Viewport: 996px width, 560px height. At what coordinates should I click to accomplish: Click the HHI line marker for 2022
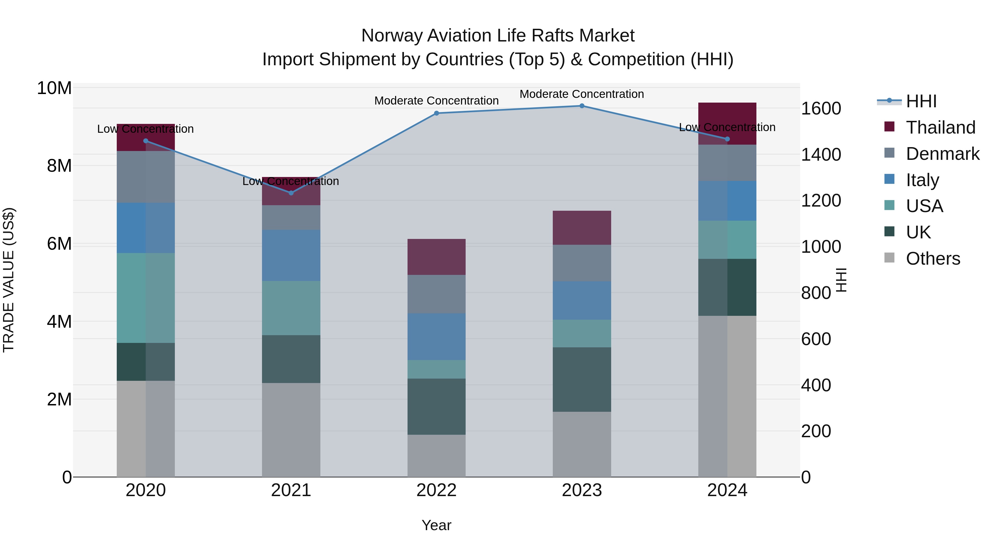click(x=437, y=113)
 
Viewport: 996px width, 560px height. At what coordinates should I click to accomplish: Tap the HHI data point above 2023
click(x=582, y=106)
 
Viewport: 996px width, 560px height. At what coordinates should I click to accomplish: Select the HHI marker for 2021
click(x=291, y=193)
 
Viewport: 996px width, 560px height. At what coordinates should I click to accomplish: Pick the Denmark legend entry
click(x=942, y=154)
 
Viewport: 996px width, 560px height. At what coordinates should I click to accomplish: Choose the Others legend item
click(x=933, y=259)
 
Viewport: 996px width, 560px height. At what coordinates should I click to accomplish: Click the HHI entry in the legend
click(x=921, y=101)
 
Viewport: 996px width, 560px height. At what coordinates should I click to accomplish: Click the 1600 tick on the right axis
click(x=821, y=109)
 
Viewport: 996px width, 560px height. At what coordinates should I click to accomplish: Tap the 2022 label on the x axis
click(x=437, y=490)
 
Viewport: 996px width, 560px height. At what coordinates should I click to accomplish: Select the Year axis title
click(x=437, y=525)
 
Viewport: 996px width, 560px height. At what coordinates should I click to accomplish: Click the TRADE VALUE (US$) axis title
click(x=9, y=280)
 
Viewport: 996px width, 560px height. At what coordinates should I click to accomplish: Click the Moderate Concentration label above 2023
click(x=582, y=94)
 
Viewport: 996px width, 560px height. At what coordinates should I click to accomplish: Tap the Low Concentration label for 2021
click(x=291, y=181)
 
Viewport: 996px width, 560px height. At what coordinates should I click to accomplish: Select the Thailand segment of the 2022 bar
click(x=437, y=257)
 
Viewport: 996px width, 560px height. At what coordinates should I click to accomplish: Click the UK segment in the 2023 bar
click(x=582, y=379)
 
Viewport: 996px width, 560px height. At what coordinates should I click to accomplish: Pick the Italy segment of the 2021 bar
click(x=291, y=256)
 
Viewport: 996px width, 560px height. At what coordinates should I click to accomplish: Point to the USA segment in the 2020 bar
click(x=146, y=298)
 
